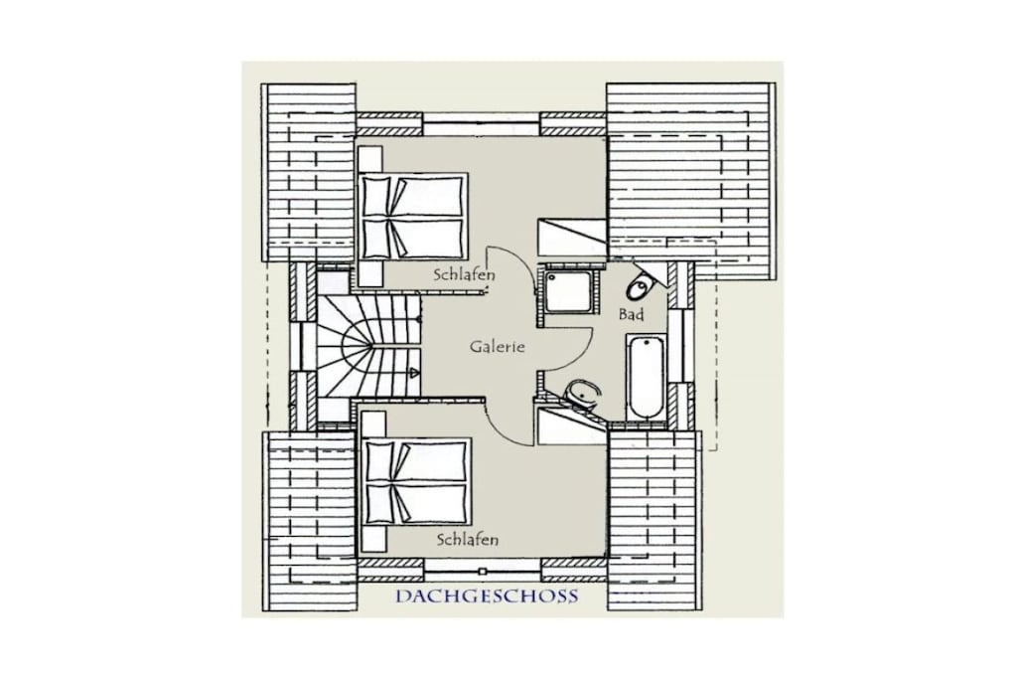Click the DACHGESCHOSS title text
click(x=487, y=595)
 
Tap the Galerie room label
click(x=497, y=347)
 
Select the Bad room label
click(x=631, y=315)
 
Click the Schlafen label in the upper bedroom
click(x=465, y=274)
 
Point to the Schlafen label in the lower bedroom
click(x=468, y=540)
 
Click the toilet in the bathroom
click(x=642, y=285)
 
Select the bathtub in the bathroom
click(x=645, y=378)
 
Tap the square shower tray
click(x=567, y=290)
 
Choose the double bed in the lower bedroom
click(x=415, y=481)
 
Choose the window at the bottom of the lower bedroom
click(x=482, y=571)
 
